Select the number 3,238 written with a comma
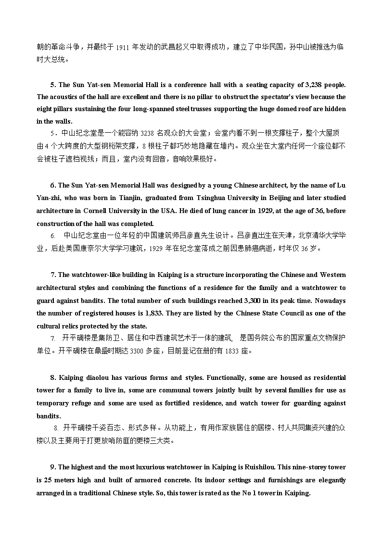point(314,85)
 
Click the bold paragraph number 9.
point(53,467)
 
